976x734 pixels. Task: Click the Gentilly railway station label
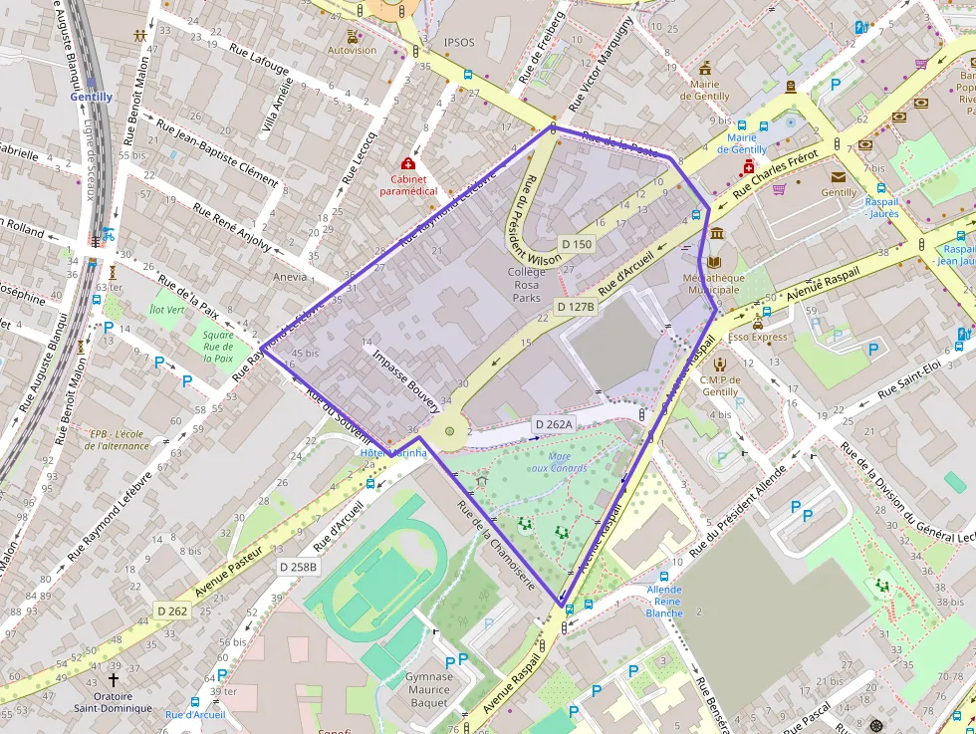point(91,97)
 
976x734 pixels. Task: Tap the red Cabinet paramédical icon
point(407,162)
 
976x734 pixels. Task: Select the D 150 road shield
point(577,244)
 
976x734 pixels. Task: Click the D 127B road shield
point(575,307)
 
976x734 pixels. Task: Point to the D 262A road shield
point(554,424)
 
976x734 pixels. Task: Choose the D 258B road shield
point(298,567)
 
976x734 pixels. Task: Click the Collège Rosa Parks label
point(527,285)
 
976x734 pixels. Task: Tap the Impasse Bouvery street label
point(405,379)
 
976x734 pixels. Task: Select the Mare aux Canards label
point(559,461)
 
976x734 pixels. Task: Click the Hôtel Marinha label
point(392,453)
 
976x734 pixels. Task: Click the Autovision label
point(353,50)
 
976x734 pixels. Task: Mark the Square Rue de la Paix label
point(218,346)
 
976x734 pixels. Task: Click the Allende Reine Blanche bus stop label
point(664,601)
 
